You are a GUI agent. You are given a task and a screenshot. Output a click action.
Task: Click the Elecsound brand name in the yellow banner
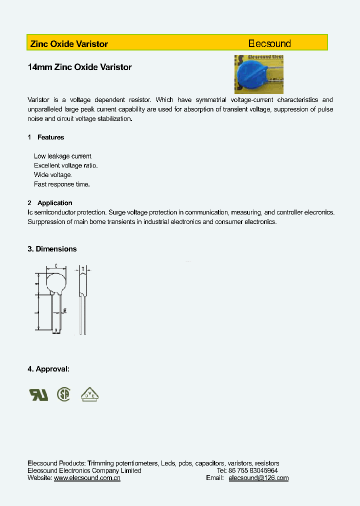(x=269, y=43)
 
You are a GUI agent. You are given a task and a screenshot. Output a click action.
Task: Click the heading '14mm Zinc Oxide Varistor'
(x=80, y=67)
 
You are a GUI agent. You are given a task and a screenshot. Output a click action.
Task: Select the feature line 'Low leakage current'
(x=62, y=156)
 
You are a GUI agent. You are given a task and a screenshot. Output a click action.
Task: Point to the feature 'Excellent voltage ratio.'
(x=65, y=165)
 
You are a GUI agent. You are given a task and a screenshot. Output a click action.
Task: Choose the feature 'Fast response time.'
(x=61, y=184)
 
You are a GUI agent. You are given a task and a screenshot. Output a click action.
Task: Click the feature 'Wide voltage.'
(x=53, y=175)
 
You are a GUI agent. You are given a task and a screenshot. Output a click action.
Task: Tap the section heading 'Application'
(x=54, y=203)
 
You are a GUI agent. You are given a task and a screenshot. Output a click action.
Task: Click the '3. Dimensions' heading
(x=52, y=249)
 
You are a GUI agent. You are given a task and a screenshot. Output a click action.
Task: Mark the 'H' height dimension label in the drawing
(x=37, y=284)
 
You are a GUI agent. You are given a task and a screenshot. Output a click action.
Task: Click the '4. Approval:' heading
(x=48, y=369)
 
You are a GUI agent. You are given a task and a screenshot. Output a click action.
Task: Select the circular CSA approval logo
(x=63, y=394)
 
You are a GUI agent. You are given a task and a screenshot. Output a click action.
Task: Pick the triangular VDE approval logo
(x=90, y=394)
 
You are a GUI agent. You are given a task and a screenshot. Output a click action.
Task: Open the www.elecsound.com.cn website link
(x=87, y=478)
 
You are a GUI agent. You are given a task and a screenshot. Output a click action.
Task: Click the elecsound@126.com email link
(x=258, y=478)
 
